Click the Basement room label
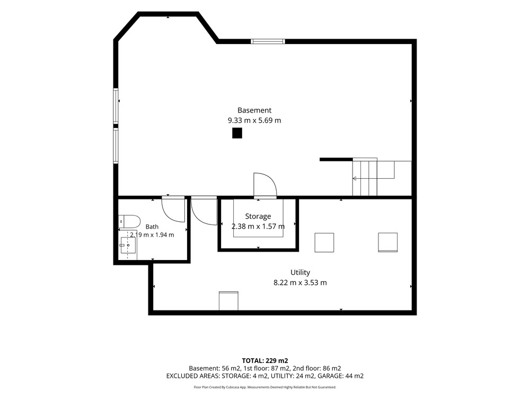[x=254, y=110]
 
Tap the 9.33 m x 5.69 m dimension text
[x=254, y=120]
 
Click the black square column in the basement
[x=237, y=133]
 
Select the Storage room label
[x=258, y=217]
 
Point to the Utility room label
[x=300, y=272]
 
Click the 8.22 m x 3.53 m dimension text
[x=300, y=283]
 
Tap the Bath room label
[x=152, y=227]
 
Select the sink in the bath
[x=128, y=245]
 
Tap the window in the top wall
[x=268, y=41]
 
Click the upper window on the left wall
[x=116, y=106]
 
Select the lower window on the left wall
[x=116, y=145]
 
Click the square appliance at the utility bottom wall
[x=228, y=301]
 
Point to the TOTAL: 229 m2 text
[x=265, y=361]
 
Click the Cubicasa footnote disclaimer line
[x=265, y=387]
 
